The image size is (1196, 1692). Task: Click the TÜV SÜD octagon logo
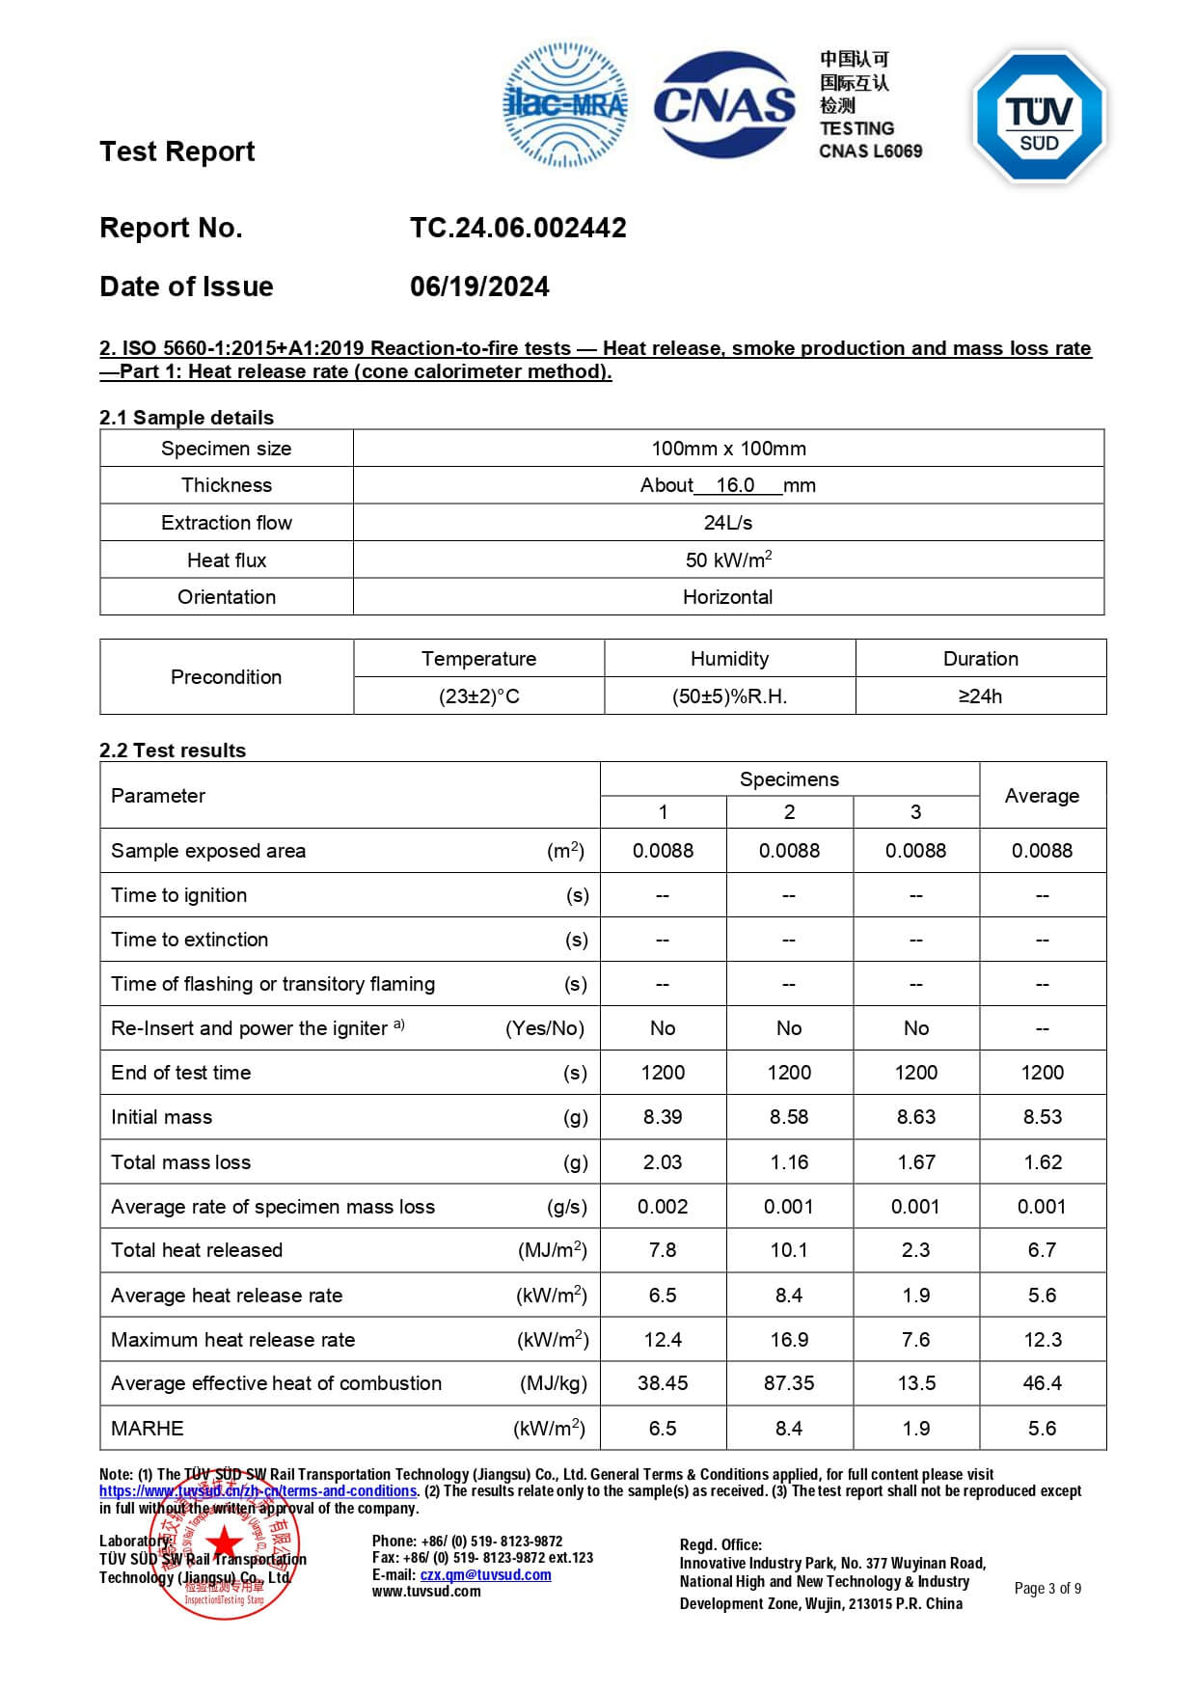(1040, 117)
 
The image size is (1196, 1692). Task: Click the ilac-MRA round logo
(565, 104)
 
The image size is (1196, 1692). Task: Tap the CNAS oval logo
(725, 104)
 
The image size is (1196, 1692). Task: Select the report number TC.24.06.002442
(518, 228)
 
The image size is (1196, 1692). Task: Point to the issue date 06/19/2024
(479, 287)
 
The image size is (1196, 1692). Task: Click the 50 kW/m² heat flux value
(728, 559)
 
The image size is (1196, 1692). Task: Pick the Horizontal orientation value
(727, 597)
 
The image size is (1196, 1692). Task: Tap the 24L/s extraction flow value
(727, 523)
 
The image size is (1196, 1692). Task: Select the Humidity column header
(729, 659)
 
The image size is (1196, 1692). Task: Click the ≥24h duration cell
(980, 696)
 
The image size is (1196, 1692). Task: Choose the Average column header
(1042, 796)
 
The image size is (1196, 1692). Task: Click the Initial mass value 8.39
(663, 1117)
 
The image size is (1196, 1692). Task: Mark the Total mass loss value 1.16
(789, 1162)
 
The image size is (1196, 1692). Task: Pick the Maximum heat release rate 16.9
(789, 1340)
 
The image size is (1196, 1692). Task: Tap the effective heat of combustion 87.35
(789, 1383)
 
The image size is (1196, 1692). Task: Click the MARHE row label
(148, 1429)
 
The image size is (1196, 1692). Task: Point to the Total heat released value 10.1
(789, 1250)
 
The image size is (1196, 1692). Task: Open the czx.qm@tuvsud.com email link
(485, 1575)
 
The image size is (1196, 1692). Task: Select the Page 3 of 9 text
(1047, 1589)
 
